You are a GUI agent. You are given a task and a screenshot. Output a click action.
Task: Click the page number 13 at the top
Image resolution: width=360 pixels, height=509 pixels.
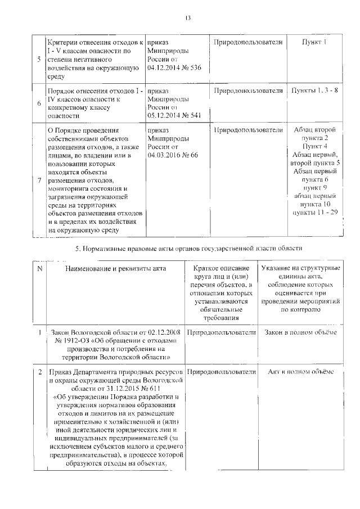[188, 17]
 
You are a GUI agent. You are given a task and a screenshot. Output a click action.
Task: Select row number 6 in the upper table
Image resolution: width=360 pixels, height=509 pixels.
[38, 103]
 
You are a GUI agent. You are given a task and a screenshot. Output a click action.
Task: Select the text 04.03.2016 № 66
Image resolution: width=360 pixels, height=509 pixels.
[172, 155]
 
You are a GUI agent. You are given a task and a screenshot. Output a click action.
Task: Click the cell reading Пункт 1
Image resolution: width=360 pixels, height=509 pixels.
[314, 43]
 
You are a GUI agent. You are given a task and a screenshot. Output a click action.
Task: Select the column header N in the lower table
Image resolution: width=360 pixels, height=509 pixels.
[39, 269]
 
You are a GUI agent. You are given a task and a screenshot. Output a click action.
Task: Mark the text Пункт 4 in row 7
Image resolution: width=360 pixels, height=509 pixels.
[315, 146]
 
